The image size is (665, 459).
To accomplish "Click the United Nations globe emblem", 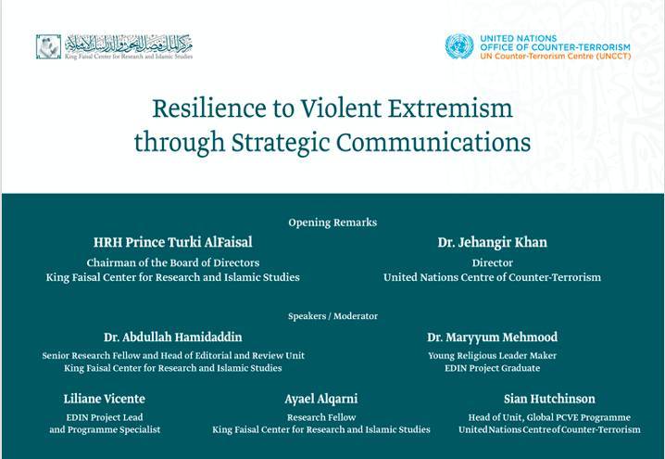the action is tap(459, 46).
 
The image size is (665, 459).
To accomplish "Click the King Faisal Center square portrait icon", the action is tap(48, 46).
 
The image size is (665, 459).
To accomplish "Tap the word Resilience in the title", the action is tap(209, 108).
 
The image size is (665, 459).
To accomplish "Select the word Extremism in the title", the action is tap(450, 108).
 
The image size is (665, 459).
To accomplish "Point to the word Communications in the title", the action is tap(433, 142).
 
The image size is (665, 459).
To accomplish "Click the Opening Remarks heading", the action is tap(332, 223).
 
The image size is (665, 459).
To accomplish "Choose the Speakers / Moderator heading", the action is tap(332, 316).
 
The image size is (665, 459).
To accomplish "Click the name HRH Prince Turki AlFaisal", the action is tap(173, 242).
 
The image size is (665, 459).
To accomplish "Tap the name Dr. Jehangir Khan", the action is tap(493, 242).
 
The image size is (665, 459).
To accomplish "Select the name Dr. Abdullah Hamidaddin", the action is tap(173, 338).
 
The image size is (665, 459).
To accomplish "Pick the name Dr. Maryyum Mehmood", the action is tap(493, 338).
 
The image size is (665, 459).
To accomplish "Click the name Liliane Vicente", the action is tap(105, 399).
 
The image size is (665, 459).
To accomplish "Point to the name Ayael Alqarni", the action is tap(321, 399).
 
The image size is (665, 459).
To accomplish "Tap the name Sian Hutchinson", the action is tap(549, 399).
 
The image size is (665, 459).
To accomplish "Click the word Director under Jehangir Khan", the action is tap(493, 262).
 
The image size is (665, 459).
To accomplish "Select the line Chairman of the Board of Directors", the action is tap(173, 262).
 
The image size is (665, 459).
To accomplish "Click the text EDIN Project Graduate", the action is tap(493, 368).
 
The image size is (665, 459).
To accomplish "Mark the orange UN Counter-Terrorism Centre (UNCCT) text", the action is tap(556, 56).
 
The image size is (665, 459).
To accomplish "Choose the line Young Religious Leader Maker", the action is tap(493, 356).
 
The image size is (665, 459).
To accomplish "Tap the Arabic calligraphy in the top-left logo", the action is tap(129, 43).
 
